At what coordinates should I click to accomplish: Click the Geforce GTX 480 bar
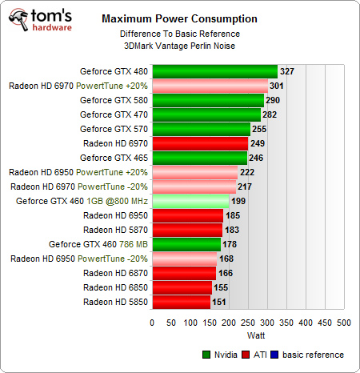214,71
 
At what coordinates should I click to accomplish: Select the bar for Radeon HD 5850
181,302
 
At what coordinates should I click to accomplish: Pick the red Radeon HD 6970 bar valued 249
199,143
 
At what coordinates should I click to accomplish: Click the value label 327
287,71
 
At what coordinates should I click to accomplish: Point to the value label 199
238,201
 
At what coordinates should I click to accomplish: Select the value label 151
219,302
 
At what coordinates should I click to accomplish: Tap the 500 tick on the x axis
344,323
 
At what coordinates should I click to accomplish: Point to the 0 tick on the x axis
152,323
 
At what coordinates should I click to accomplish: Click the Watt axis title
249,335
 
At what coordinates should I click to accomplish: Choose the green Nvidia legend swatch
209,355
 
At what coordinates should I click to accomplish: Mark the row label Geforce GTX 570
114,129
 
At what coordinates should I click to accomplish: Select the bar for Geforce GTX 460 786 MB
186,244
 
